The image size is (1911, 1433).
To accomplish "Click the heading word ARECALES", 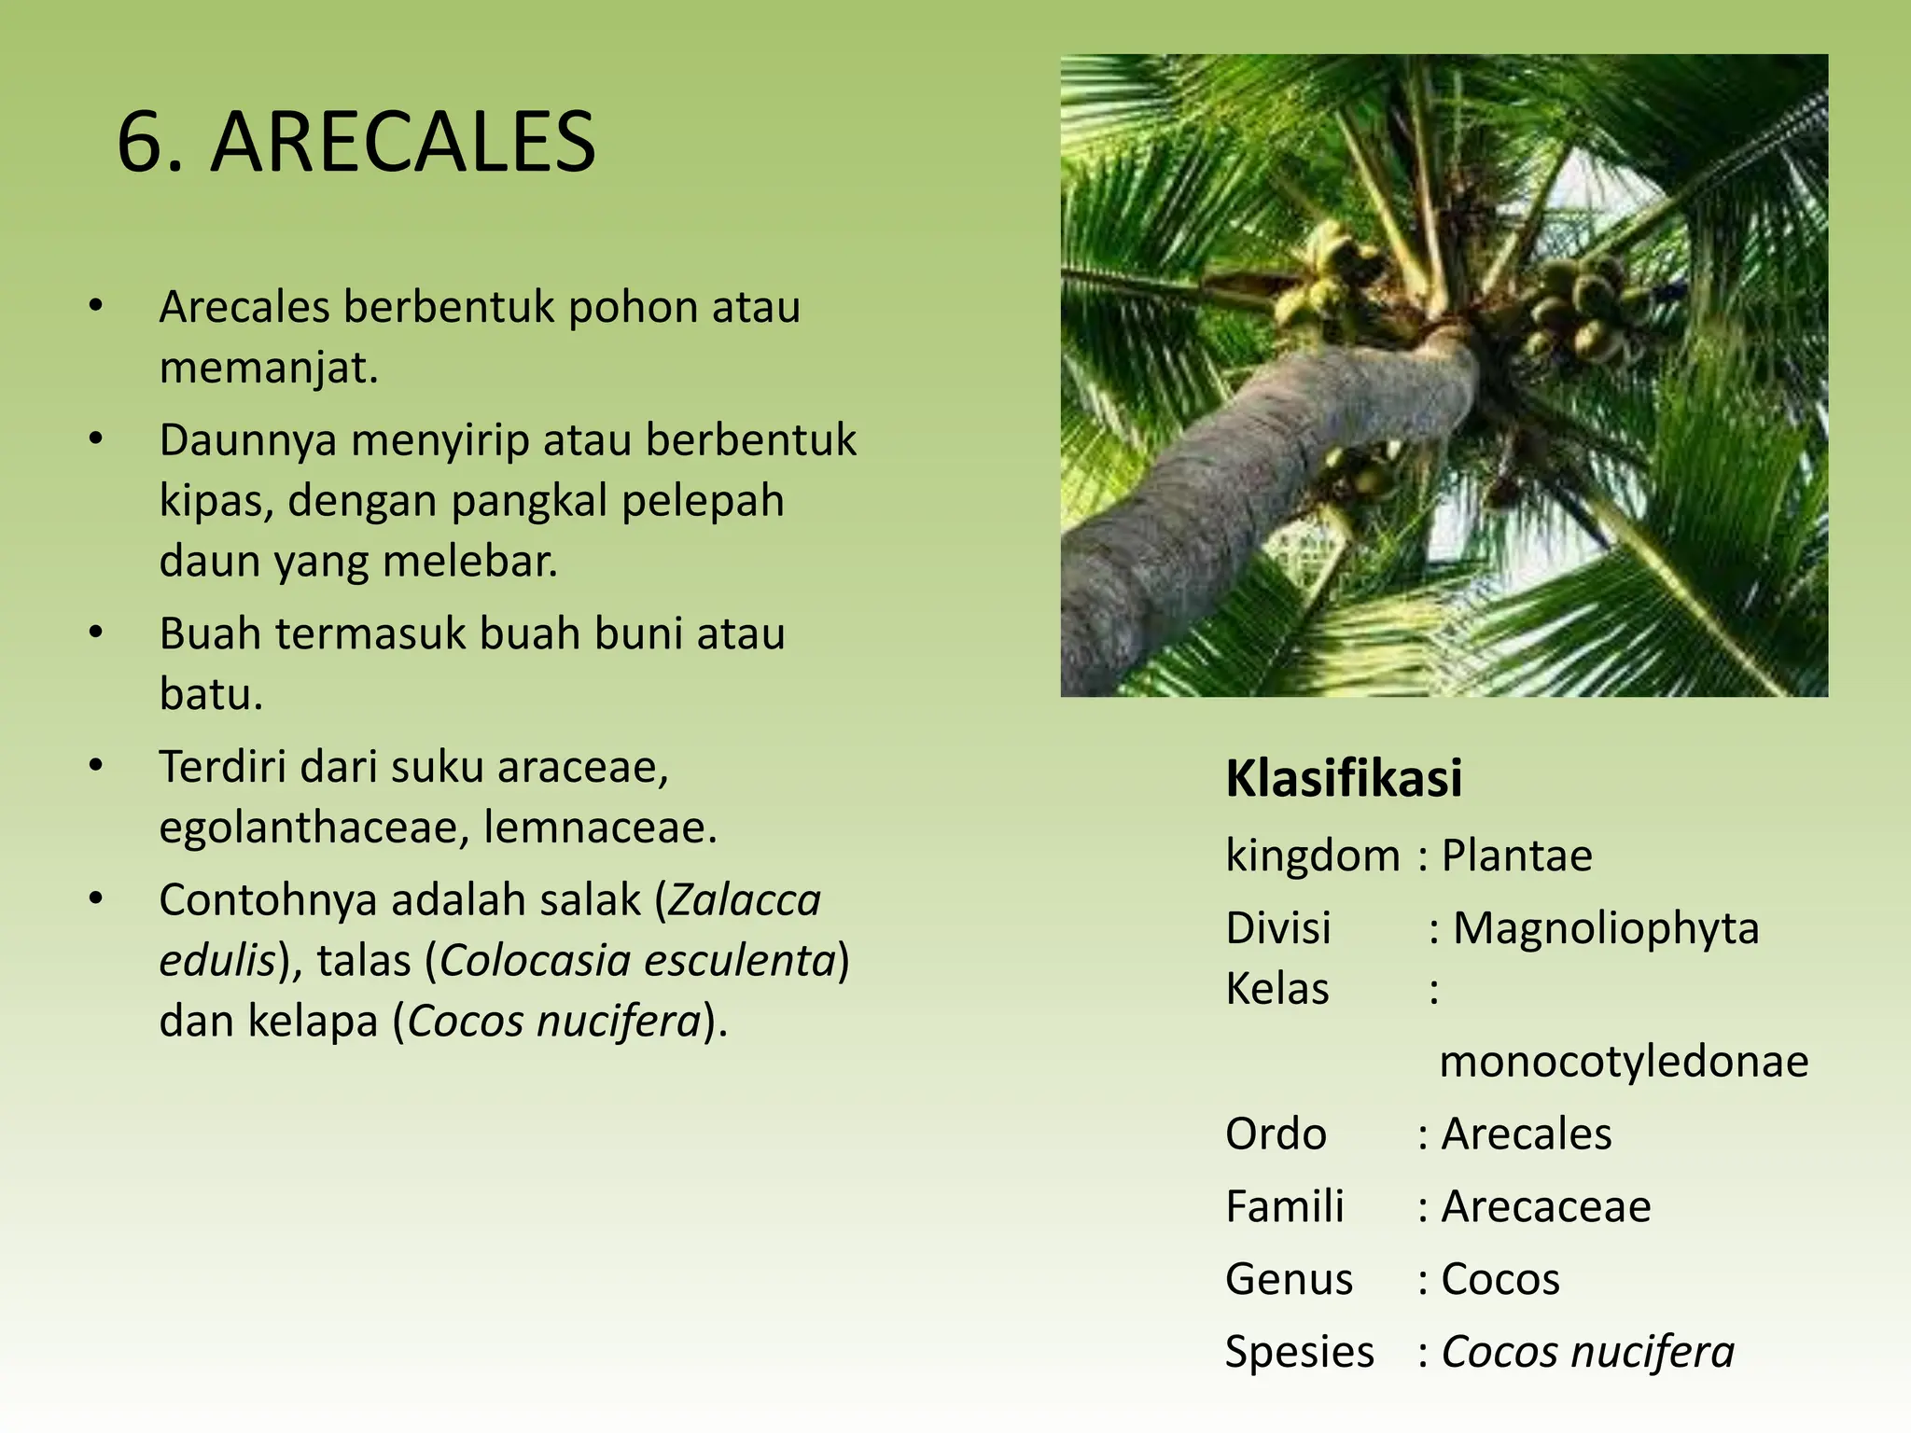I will coord(403,143).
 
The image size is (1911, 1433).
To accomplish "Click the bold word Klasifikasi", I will coord(1343,778).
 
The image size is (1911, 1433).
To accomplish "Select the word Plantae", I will coord(1516,856).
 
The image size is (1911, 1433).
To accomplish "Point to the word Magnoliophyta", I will coord(1605,928).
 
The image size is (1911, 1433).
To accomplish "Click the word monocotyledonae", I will coord(1624,1061).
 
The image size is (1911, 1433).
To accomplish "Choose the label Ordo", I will coord(1275,1134).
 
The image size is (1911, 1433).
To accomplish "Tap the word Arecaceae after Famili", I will coord(1545,1206).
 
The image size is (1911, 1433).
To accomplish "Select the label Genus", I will coord(1289,1279).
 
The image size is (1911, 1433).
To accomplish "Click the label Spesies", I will coord(1299,1352).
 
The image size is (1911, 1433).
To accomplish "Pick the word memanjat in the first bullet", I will coord(268,368).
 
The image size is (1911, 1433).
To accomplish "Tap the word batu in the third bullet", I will coord(210,694).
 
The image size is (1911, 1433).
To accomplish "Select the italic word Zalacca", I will coord(745,900).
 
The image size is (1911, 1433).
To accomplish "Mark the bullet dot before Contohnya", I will coord(95,898).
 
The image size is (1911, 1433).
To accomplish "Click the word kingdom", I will coord(1313,856).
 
